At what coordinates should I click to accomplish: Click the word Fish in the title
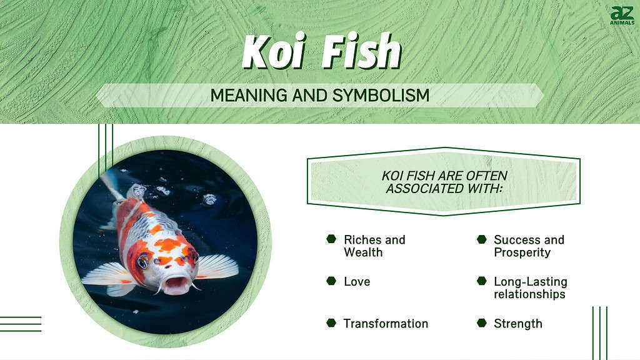pos(362,51)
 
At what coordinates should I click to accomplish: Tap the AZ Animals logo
pos(622,16)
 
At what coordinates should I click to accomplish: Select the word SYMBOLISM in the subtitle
pos(381,96)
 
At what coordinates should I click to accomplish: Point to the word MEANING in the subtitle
pos(249,96)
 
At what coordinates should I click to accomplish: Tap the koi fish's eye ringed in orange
pos(143,261)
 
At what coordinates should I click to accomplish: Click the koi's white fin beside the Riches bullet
pos(217,267)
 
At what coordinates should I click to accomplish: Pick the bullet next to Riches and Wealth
pos(331,239)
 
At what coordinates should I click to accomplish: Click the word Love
pos(357,282)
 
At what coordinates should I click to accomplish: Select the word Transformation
pos(386,324)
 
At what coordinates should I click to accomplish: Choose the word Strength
pos(518,324)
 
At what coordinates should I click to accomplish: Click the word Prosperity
pos(522,252)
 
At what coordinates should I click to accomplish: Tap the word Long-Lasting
pos(531,282)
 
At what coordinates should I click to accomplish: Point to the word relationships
pos(529,294)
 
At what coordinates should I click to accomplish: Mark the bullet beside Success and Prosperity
pos(482,239)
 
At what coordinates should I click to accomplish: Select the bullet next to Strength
pos(482,323)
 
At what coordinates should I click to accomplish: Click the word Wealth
pos(363,252)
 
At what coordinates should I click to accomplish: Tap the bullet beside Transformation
pos(331,323)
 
